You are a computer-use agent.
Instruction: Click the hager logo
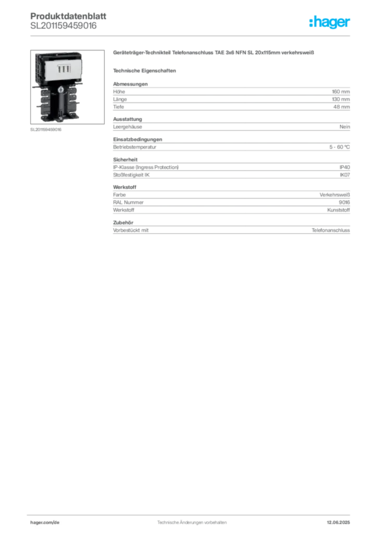click(x=330, y=22)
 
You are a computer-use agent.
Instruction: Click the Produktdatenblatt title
click(x=68, y=16)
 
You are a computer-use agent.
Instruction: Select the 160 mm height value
click(x=341, y=92)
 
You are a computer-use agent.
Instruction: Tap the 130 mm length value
click(x=341, y=99)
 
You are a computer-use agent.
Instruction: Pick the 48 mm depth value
click(x=341, y=107)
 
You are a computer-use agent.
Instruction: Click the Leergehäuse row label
click(x=128, y=127)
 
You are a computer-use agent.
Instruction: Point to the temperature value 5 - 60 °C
click(x=340, y=147)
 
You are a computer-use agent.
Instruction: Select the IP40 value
click(x=345, y=167)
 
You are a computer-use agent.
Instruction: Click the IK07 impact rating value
click(x=345, y=175)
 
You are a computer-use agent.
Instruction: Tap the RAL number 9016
click(x=344, y=202)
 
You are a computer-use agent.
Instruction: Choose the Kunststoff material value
click(x=338, y=210)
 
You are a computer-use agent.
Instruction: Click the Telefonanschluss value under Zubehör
click(x=331, y=230)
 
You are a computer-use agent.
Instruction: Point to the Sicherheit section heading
click(x=125, y=159)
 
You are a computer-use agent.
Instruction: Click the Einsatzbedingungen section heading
click(x=137, y=139)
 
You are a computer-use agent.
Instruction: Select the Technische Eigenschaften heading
click(x=144, y=71)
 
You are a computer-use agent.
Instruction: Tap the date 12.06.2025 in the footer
click(x=338, y=523)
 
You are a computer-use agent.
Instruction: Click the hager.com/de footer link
click(x=45, y=523)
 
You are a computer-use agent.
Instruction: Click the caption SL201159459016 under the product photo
click(x=46, y=130)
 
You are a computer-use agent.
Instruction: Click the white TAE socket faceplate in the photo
click(x=63, y=69)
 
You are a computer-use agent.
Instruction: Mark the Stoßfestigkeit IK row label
click(x=131, y=175)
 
